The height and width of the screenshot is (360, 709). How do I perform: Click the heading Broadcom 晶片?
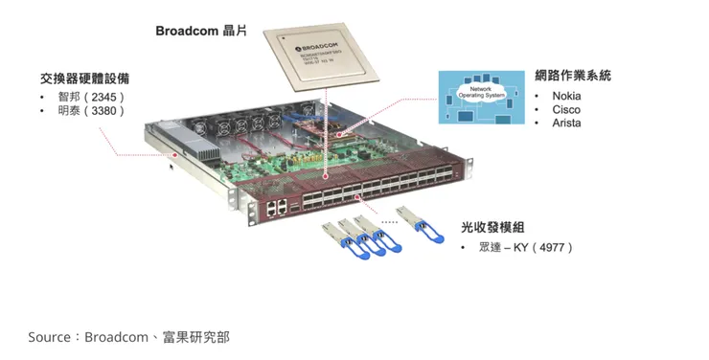pos(201,31)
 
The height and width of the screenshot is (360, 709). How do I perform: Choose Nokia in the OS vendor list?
pos(566,96)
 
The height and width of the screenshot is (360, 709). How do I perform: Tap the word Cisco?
pos(565,109)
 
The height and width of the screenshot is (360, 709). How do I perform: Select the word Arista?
pos(566,123)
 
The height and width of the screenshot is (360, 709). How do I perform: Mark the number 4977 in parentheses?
pos(555,247)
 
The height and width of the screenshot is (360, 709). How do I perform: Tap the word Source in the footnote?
pos(50,337)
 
